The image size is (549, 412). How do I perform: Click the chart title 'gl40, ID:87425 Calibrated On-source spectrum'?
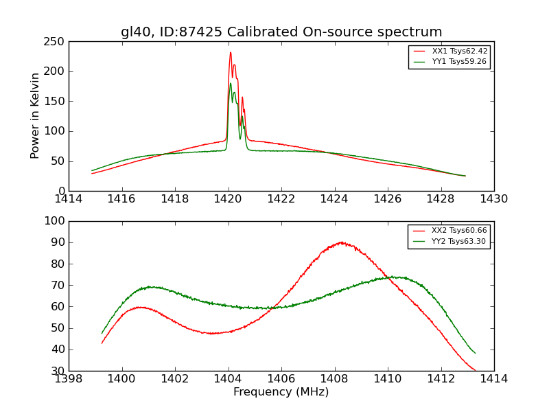click(281, 32)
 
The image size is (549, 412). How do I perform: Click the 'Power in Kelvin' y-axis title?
click(35, 116)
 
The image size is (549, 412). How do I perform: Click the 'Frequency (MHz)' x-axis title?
click(281, 392)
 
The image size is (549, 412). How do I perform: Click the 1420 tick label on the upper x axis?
click(229, 199)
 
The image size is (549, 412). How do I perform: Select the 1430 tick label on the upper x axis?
click(494, 199)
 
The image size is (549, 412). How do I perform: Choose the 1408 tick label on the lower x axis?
click(335, 378)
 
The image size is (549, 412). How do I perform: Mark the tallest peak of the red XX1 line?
click(231, 52)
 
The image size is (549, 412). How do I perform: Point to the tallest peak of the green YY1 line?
click(231, 84)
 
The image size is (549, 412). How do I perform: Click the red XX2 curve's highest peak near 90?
click(341, 242)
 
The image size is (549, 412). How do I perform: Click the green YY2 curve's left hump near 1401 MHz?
click(150, 286)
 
